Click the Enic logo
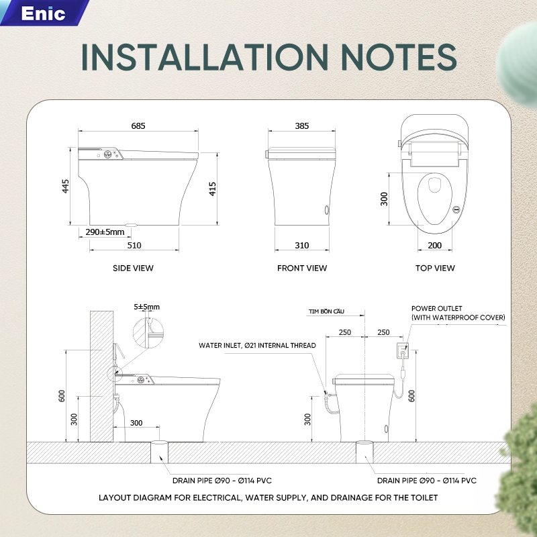43,13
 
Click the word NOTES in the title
399,57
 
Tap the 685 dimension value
138,126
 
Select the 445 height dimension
65,187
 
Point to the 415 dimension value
212,189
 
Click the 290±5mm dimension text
105,232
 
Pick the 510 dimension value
134,245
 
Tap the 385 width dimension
301,126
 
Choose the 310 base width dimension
301,245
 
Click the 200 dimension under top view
434,245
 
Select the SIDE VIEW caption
133,268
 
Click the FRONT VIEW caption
302,268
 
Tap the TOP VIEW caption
435,268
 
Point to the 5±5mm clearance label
146,307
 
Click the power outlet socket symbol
402,350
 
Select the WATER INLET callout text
257,345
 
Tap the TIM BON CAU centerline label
326,311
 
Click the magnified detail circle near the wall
148,333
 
